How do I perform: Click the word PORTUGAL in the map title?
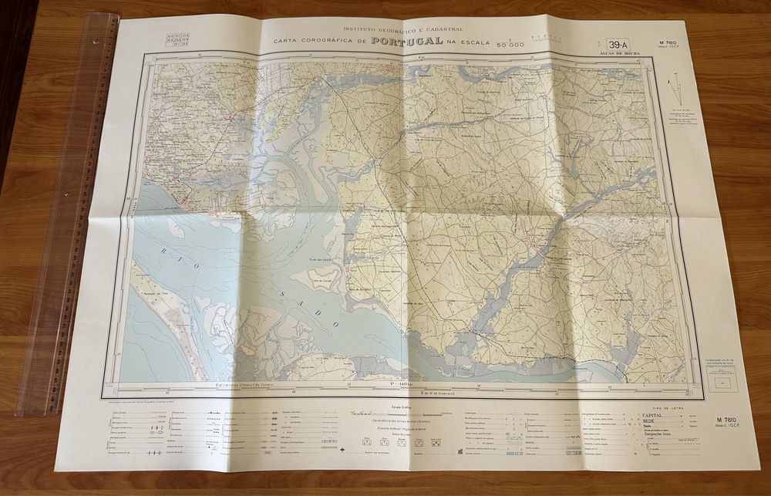(407, 40)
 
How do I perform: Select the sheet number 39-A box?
(617, 45)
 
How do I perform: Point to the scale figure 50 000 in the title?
(510, 46)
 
